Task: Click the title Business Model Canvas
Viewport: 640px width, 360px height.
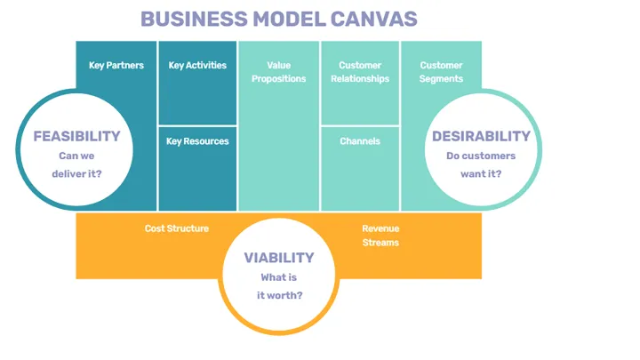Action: [278, 19]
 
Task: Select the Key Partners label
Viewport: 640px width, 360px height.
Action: [116, 65]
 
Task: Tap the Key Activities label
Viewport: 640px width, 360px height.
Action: [197, 65]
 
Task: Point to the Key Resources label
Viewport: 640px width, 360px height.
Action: [197, 141]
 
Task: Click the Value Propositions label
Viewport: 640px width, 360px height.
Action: [278, 72]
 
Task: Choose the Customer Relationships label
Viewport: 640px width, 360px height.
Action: [360, 72]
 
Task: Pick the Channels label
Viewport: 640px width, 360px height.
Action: [360, 141]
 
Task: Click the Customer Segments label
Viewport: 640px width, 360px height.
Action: [441, 72]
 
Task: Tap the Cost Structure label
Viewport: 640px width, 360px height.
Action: [177, 228]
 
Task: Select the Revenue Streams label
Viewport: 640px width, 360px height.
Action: [380, 236]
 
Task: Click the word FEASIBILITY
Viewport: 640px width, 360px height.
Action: [76, 136]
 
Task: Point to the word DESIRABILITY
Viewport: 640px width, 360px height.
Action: [481, 136]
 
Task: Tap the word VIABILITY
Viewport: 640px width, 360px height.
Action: [279, 258]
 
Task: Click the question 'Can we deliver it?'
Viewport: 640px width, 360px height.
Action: [76, 165]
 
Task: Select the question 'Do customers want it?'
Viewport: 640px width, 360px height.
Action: [481, 165]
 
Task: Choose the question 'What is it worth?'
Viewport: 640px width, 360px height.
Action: [279, 286]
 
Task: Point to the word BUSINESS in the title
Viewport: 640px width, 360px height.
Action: [184, 19]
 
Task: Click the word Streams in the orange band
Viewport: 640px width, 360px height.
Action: [380, 243]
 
